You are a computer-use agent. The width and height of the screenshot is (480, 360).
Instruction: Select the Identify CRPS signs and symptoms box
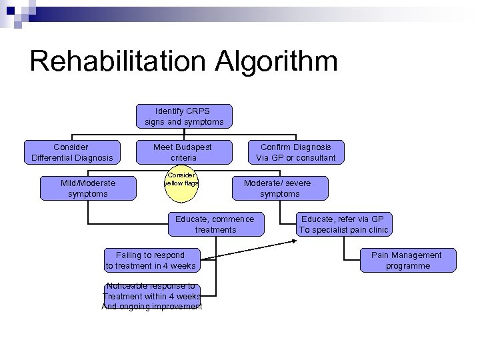pyautogui.click(x=184, y=116)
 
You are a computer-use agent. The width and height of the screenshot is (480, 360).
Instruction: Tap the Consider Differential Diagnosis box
pyautogui.click(x=72, y=152)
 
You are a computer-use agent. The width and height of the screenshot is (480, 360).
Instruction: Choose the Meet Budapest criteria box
pyautogui.click(x=183, y=152)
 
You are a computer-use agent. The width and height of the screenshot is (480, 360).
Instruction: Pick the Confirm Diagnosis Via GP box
pyautogui.click(x=296, y=152)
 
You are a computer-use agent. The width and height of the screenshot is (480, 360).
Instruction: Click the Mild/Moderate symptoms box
pyautogui.click(x=88, y=188)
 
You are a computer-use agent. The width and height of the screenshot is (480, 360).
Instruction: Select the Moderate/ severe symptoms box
pyautogui.click(x=280, y=188)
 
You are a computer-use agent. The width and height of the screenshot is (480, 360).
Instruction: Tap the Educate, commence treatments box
pyautogui.click(x=215, y=224)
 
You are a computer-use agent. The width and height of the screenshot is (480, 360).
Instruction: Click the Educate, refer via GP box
pyautogui.click(x=343, y=224)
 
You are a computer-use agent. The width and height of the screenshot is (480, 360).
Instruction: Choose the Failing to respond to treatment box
pyautogui.click(x=151, y=260)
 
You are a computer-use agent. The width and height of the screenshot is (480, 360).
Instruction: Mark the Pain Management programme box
pyautogui.click(x=407, y=260)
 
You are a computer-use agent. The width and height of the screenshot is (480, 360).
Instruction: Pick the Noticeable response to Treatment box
pyautogui.click(x=151, y=295)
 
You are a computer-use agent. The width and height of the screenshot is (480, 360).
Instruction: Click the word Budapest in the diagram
pyautogui.click(x=193, y=147)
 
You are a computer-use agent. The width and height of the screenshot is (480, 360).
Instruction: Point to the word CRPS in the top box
pyautogui.click(x=198, y=111)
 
